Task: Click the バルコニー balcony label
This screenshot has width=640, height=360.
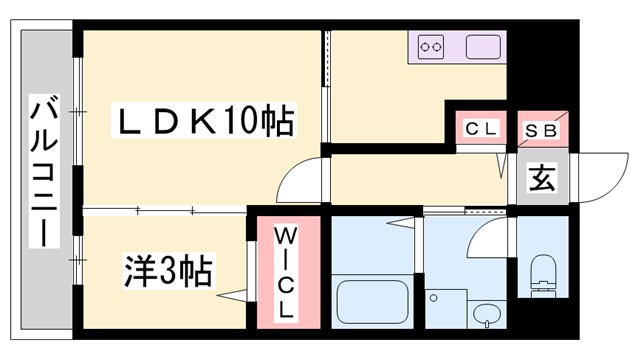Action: (42, 172)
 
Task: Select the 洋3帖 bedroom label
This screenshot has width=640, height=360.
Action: (168, 269)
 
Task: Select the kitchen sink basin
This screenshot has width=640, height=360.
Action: (484, 47)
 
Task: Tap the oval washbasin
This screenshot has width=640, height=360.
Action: (487, 313)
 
